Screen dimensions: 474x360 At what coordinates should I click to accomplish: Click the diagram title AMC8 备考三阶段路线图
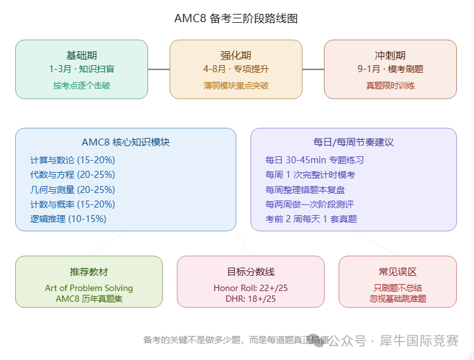236,18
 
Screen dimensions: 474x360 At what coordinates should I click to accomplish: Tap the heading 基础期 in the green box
82,55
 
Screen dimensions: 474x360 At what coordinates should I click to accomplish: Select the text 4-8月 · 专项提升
236,69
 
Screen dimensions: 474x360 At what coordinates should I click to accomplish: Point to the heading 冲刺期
390,55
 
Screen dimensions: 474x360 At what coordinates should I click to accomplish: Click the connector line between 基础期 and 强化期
159,69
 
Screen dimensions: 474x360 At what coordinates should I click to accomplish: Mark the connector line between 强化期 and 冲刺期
313,69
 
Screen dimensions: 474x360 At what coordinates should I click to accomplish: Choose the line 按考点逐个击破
82,85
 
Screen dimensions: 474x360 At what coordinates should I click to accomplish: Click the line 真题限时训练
390,85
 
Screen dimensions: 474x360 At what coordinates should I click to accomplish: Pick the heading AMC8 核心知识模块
126,142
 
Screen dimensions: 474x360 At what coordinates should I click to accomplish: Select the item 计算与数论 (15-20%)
73,160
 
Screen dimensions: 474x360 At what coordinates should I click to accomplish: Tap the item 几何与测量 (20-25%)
73,190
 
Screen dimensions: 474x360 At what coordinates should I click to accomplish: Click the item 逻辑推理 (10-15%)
68,219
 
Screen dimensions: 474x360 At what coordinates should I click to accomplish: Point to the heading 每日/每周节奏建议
353,142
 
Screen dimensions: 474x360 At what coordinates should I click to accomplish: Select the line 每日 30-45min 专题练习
315,160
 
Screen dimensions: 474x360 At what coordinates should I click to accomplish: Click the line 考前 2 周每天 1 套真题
311,219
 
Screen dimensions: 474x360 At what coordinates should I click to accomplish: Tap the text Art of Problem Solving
89,288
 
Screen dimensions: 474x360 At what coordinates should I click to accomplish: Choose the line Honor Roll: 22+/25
251,288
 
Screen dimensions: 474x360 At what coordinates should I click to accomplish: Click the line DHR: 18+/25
251,299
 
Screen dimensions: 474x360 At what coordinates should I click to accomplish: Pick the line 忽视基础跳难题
398,299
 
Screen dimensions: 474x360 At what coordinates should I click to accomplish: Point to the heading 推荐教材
89,271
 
